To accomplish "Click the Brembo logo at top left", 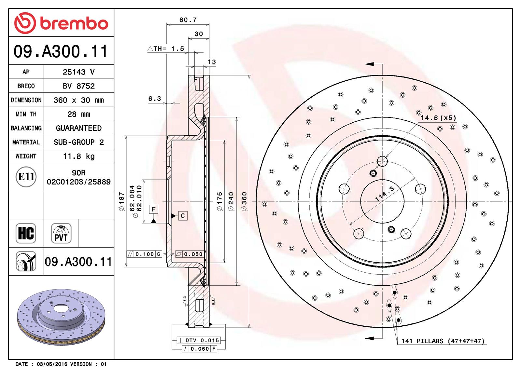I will click(x=61, y=23).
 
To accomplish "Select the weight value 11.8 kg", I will click(x=78, y=156).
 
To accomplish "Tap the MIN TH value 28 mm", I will click(x=78, y=114).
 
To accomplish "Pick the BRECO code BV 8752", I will click(x=78, y=86).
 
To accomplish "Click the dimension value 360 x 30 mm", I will click(x=78, y=100).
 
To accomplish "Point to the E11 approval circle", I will click(x=26, y=177).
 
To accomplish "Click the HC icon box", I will click(x=26, y=233).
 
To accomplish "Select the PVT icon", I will click(x=61, y=233).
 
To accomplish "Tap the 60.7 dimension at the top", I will click(x=188, y=20).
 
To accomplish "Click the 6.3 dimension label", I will click(x=155, y=99).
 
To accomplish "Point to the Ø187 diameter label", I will click(x=121, y=201).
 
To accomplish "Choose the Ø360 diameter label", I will click(x=244, y=201).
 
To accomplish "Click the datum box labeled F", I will click(x=153, y=209).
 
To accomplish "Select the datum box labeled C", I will click(x=183, y=216).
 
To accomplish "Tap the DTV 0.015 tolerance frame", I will click(x=199, y=340).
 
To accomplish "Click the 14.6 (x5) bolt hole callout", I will click(x=438, y=118).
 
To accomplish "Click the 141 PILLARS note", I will click(x=443, y=341).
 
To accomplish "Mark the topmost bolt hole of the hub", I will click(x=382, y=161).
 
